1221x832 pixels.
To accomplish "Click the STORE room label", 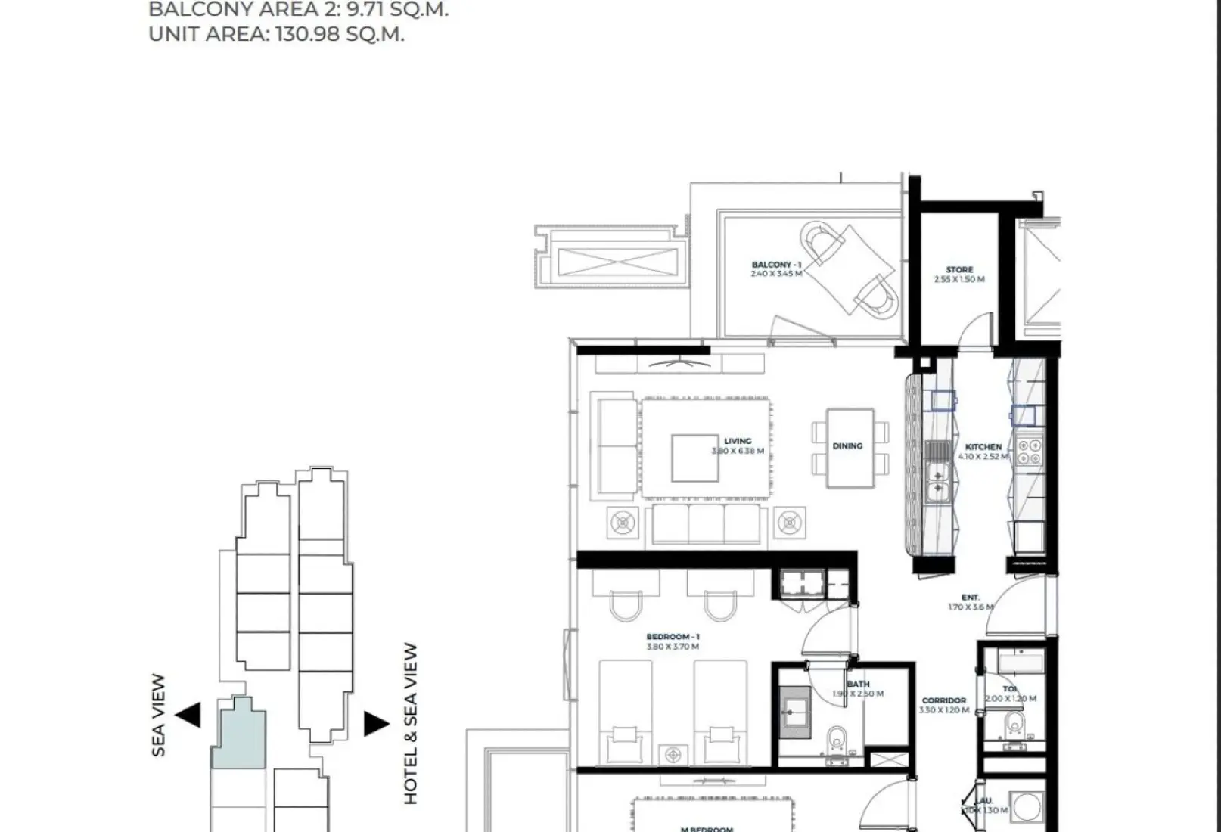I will (959, 269).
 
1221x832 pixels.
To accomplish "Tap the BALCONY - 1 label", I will (776, 265).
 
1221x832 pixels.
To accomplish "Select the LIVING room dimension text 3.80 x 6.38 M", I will (738, 451).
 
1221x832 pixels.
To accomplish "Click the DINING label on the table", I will (847, 446).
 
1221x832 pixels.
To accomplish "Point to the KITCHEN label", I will (983, 447).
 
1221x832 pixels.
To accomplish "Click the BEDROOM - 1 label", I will (673, 637).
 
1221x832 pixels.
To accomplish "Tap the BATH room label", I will (858, 684).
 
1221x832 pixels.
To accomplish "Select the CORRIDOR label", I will (943, 700).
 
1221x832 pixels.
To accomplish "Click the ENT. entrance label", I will (971, 598).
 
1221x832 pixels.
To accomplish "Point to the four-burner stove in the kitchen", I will (1029, 452).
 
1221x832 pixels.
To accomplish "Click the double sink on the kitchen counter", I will (938, 483).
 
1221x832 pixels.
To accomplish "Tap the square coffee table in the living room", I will (694, 458).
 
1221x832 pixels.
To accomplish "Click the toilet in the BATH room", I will (837, 740).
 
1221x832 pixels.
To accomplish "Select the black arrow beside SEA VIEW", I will (188, 714).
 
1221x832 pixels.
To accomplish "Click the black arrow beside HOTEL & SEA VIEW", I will (375, 723).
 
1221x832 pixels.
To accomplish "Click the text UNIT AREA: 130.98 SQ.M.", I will (276, 34).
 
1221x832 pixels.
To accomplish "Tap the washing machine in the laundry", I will (1027, 807).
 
